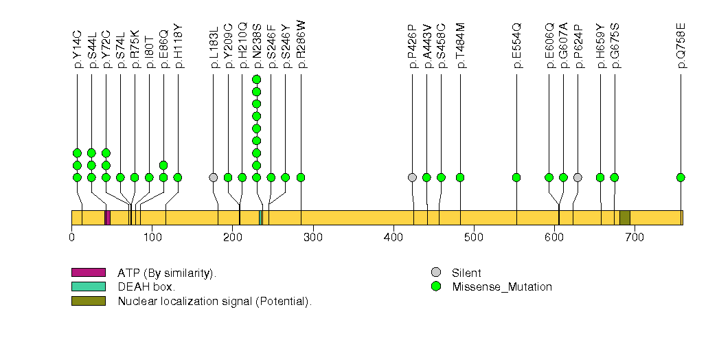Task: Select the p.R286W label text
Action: (301, 44)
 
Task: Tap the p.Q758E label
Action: (681, 45)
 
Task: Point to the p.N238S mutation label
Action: (256, 45)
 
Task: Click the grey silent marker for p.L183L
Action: (213, 177)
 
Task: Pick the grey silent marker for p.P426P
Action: (412, 177)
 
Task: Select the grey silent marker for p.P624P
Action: (578, 177)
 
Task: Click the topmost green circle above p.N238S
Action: (256, 79)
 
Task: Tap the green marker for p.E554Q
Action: (516, 177)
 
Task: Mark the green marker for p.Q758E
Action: (681, 177)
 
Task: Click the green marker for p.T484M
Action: (460, 177)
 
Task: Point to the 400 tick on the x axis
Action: (393, 237)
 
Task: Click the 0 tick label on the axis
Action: (72, 237)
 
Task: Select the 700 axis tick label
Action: (635, 237)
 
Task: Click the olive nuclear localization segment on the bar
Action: (625, 218)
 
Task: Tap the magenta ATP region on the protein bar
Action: (107, 218)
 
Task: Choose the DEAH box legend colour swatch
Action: (88, 286)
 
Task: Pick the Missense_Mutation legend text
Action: (501, 287)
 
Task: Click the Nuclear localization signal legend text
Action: (214, 301)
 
